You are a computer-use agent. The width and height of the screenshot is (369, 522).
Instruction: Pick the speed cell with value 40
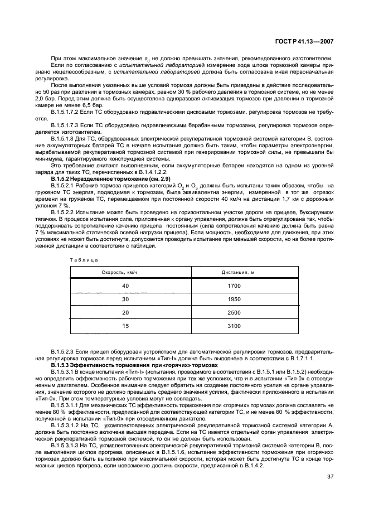pos(125,286)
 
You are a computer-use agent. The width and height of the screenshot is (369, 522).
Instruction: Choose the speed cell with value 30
pos(125,299)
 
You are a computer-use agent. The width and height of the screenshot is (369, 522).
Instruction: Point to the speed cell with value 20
pos(125,312)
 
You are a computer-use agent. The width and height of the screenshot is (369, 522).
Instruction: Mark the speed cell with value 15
pos(125,325)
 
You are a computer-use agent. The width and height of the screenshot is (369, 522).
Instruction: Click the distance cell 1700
pos(234,286)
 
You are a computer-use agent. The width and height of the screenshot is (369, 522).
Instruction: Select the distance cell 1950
pos(234,299)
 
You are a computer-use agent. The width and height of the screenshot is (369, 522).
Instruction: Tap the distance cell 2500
pos(234,312)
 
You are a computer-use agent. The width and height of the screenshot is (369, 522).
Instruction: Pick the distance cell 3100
pos(234,325)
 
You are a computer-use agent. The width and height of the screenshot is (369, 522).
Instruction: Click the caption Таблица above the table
pos(84,260)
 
